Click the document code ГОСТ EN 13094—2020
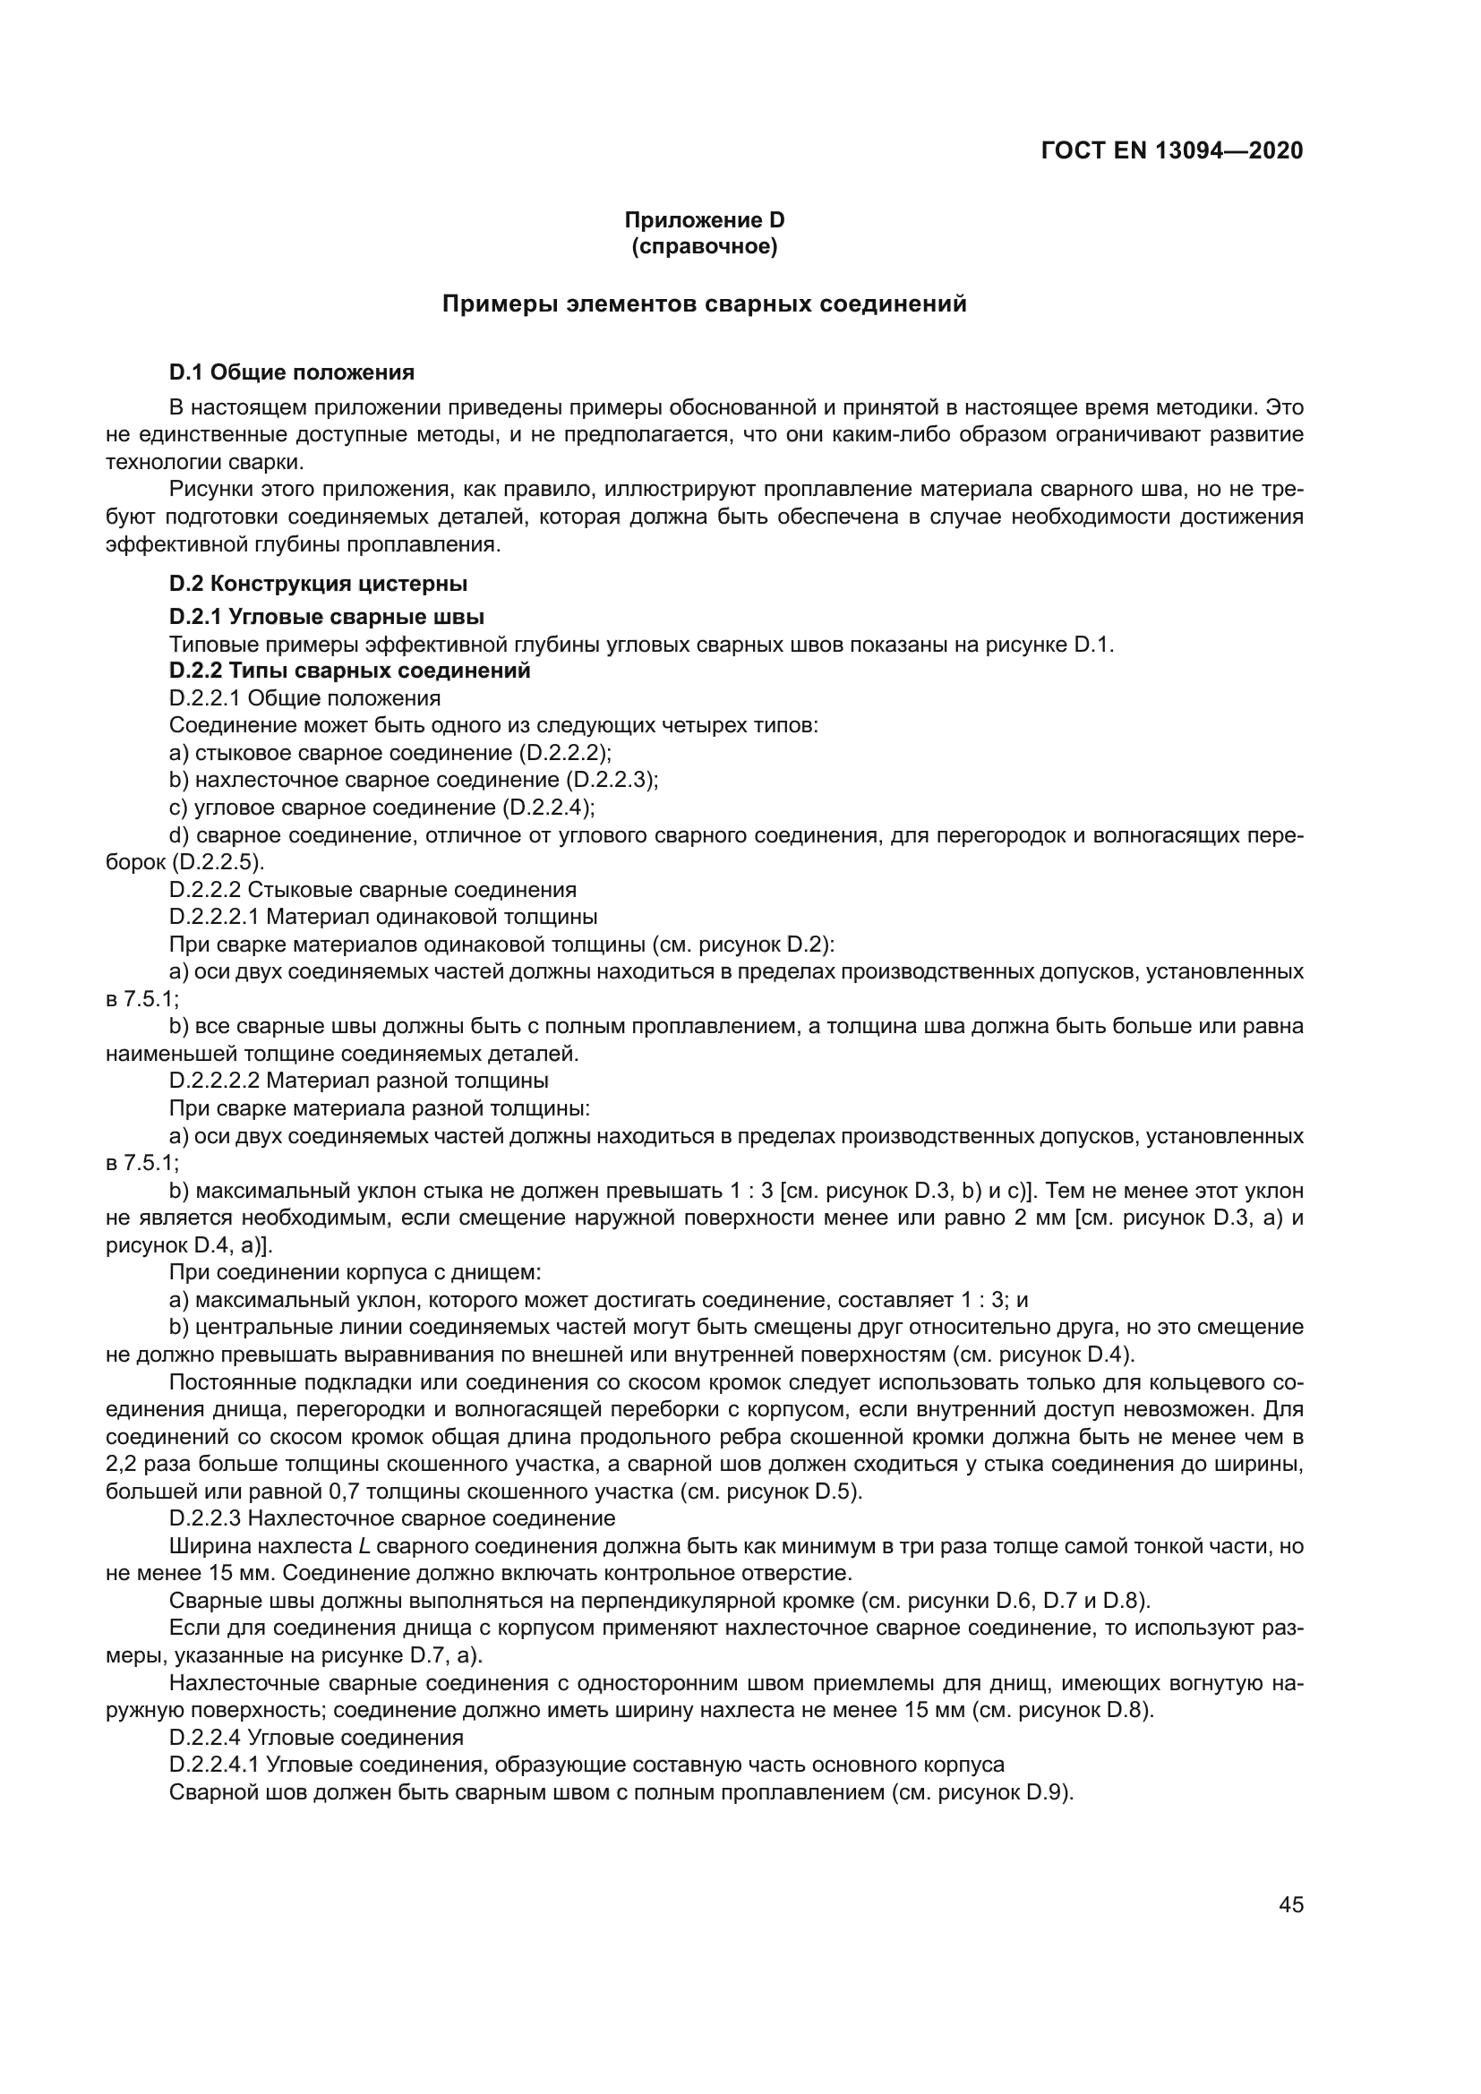click(x=1171, y=150)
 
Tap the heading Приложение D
click(x=704, y=220)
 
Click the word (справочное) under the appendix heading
click(x=704, y=247)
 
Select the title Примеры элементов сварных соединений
click(x=704, y=304)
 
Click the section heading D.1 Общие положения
click(x=292, y=372)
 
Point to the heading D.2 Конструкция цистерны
click(x=318, y=583)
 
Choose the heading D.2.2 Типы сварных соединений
click(x=349, y=671)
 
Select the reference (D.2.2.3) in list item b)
click(x=611, y=781)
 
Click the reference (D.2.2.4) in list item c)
click(x=547, y=808)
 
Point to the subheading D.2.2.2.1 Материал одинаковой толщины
click(x=383, y=916)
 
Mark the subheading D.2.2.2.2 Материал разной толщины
click(x=358, y=1081)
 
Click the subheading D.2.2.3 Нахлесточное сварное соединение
click(x=392, y=1518)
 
